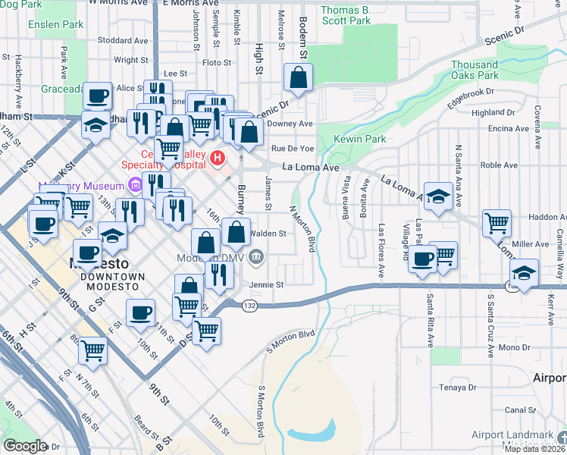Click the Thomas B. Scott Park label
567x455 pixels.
pos(346,15)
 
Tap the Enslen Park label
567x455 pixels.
pos(55,24)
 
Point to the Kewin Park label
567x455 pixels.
pos(361,139)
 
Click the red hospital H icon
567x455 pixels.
pos(218,158)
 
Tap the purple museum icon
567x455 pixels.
pos(134,184)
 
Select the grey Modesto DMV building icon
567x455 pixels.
pos(256,257)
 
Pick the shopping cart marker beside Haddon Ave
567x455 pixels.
pos(497,223)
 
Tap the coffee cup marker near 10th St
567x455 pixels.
pos(140,312)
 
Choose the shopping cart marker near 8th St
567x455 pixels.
pos(92,350)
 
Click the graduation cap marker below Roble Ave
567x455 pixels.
pos(437,196)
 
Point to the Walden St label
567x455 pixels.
pos(268,234)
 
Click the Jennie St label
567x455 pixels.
pos(268,285)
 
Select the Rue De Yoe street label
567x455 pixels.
pos(293,149)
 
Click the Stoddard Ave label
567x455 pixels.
pos(116,39)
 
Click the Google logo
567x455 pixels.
pos(25,446)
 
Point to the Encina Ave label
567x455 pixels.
pos(509,129)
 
